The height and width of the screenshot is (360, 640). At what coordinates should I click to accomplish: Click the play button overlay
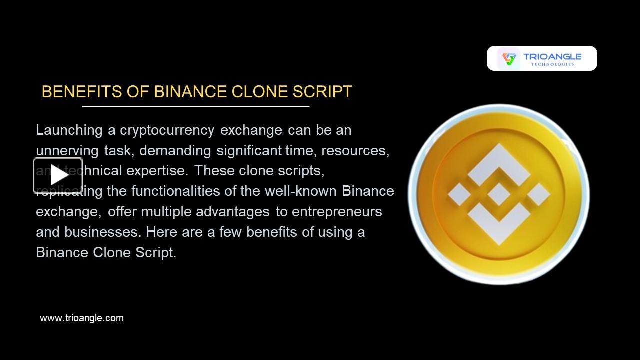point(58,175)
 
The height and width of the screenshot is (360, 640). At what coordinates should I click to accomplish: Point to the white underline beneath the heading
point(196,106)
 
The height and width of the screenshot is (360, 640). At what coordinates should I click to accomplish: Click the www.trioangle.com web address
point(82,318)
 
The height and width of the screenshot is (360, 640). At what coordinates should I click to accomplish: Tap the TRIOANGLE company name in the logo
point(552,57)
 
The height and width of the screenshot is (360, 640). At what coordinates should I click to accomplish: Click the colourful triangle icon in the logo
point(509,59)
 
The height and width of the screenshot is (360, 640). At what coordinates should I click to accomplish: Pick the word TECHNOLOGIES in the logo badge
point(552,64)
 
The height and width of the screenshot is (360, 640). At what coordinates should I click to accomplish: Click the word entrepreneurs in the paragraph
point(337,212)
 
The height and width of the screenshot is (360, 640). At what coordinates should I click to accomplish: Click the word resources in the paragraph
point(355,151)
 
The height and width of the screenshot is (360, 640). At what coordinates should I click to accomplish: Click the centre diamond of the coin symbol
point(498,194)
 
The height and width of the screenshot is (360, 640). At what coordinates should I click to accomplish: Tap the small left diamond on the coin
point(459,194)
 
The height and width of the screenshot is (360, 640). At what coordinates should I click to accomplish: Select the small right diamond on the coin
point(538,194)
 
